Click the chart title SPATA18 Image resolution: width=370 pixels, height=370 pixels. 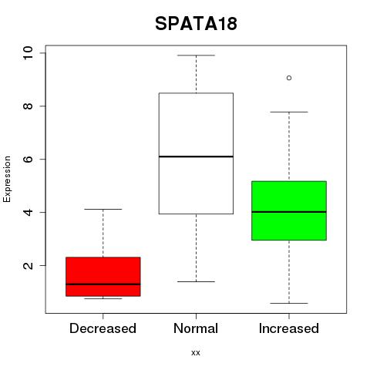tap(196, 24)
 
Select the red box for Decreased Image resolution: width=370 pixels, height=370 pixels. tap(103, 277)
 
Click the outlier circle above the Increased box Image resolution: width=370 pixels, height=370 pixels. tap(289, 78)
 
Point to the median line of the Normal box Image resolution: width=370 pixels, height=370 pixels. tap(196, 156)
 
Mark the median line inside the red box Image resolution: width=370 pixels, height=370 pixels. tap(103, 284)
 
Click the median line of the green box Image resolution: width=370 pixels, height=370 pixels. tap(289, 212)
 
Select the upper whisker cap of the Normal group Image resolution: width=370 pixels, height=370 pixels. tap(196, 55)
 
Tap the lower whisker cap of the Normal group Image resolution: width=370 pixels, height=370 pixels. tap(196, 281)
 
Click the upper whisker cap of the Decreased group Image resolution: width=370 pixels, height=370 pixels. tap(103, 209)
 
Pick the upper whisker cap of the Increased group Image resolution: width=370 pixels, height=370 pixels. tap(289, 112)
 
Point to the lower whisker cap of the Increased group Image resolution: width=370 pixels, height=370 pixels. tap(289, 303)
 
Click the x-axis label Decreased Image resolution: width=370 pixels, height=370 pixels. tap(103, 328)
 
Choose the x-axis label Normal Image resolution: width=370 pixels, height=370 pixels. tap(196, 328)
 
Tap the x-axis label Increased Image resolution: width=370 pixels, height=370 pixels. tap(289, 328)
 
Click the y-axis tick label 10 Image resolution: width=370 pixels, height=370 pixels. tap(28, 53)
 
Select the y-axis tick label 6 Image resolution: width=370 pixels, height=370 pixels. tap(28, 159)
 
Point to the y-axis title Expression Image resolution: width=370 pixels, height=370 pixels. tap(7, 179)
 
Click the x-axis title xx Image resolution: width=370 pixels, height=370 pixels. tap(196, 353)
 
